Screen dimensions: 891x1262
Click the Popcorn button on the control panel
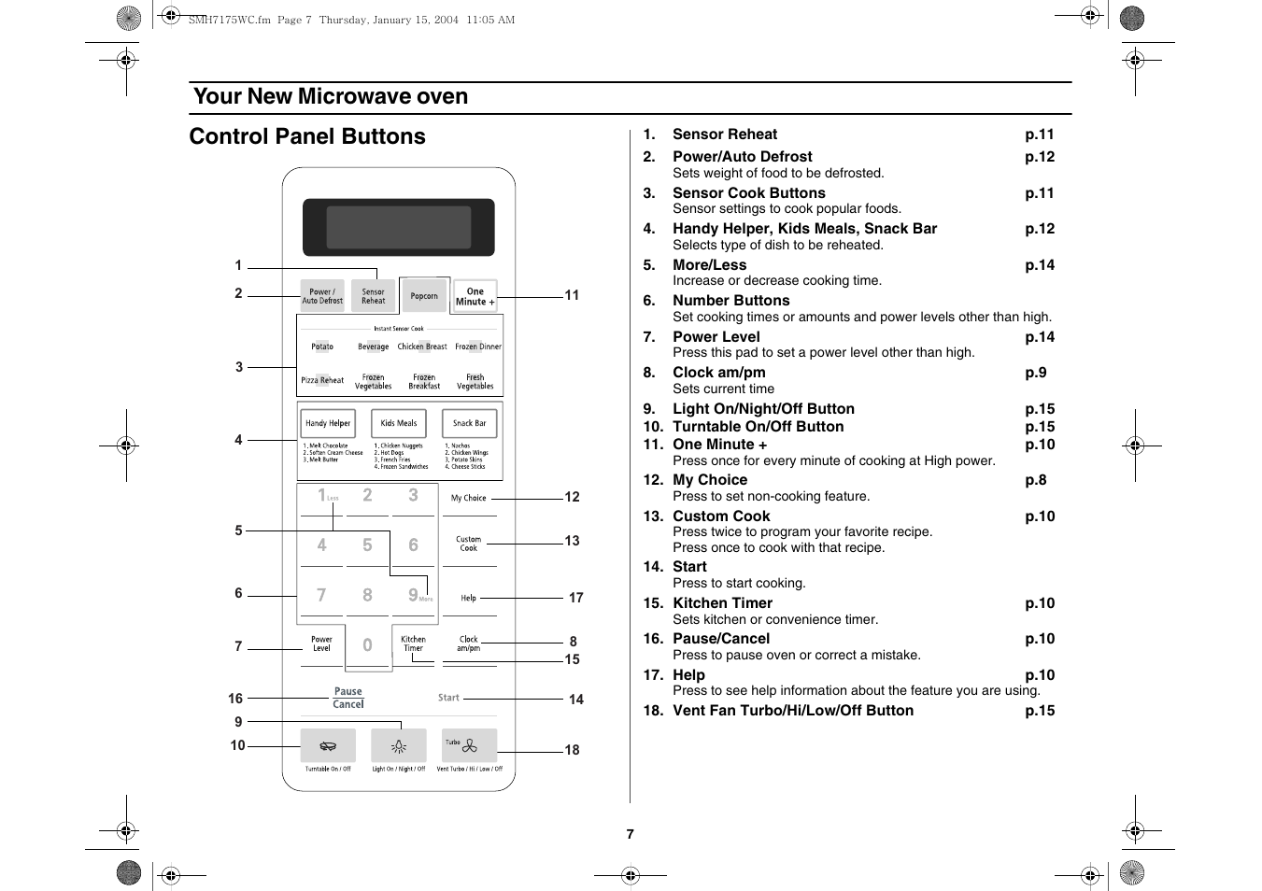tap(424, 296)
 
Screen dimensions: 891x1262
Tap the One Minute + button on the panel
tap(475, 296)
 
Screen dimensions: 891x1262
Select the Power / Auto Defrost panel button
tap(322, 296)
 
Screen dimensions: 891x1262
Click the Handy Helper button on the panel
tap(328, 423)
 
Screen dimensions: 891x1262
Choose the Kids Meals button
tap(399, 423)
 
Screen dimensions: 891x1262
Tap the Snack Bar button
tap(469, 423)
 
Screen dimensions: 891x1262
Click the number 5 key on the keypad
tap(367, 545)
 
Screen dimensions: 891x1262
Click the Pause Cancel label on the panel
tap(347, 698)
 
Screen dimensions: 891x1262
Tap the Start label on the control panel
tap(448, 698)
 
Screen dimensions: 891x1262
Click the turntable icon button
tap(328, 746)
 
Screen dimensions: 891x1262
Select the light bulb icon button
tap(399, 746)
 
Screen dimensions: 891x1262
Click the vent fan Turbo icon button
tap(469, 745)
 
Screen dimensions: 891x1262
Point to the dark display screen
tap(399, 227)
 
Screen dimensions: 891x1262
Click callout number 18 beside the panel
tap(572, 750)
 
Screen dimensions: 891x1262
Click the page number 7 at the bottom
tap(631, 834)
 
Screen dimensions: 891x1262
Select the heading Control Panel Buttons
tap(307, 136)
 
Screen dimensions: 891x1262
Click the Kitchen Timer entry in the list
tap(722, 603)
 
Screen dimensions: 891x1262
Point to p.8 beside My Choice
tap(1035, 480)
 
